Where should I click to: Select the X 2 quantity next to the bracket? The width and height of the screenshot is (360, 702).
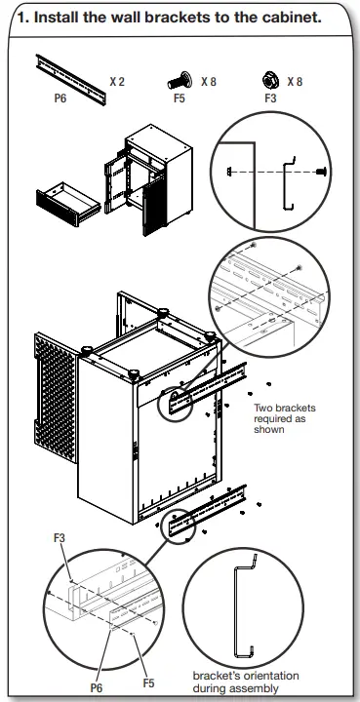pyautogui.click(x=116, y=82)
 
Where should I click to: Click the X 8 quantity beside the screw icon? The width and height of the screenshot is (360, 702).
pyautogui.click(x=210, y=82)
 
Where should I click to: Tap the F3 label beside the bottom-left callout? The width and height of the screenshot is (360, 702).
pyautogui.click(x=60, y=537)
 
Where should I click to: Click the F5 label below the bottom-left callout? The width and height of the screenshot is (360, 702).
pyautogui.click(x=148, y=682)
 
